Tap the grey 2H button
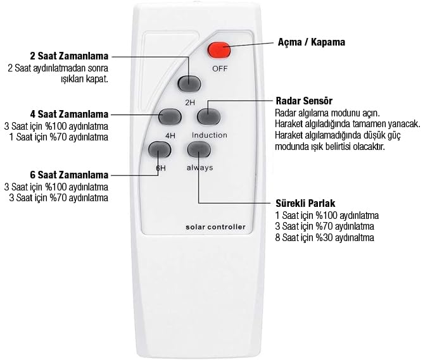click(x=189, y=84)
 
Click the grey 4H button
click(x=170, y=116)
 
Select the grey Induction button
click(x=209, y=116)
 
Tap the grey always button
click(x=199, y=150)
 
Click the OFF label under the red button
click(x=220, y=68)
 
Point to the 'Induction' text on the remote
click(x=210, y=135)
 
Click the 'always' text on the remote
click(x=199, y=168)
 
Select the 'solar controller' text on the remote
click(x=215, y=227)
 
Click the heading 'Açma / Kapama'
click(x=312, y=42)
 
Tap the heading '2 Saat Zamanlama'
click(x=70, y=56)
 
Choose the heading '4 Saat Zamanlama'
click(x=70, y=115)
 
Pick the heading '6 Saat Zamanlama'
click(x=70, y=175)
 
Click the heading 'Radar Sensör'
click(x=304, y=101)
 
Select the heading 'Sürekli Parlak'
click(x=305, y=203)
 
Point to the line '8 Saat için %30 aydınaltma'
click(x=325, y=237)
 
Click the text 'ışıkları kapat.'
click(x=84, y=79)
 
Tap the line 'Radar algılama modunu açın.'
click(x=327, y=113)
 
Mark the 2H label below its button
click(x=190, y=102)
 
